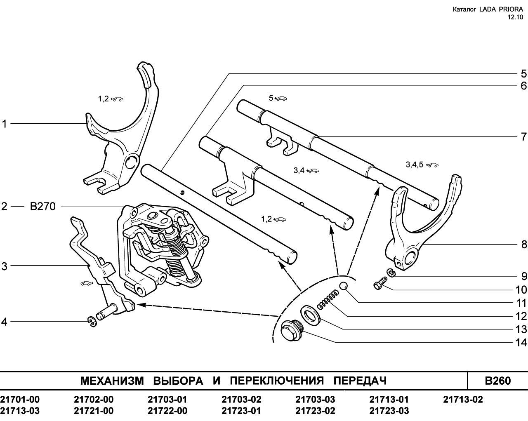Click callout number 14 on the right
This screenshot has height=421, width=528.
[521, 343]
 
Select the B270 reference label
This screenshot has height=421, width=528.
[42, 206]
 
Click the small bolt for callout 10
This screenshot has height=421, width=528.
[380, 283]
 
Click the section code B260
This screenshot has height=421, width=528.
[497, 381]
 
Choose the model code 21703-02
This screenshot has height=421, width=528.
[241, 400]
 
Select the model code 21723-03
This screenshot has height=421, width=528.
[389, 411]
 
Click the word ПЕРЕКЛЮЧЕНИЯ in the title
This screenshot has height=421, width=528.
[277, 381]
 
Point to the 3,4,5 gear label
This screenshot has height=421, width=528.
[415, 165]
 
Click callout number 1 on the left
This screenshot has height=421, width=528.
[4, 124]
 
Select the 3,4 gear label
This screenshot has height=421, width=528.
[299, 170]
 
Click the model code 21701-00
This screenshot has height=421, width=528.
[20, 400]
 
